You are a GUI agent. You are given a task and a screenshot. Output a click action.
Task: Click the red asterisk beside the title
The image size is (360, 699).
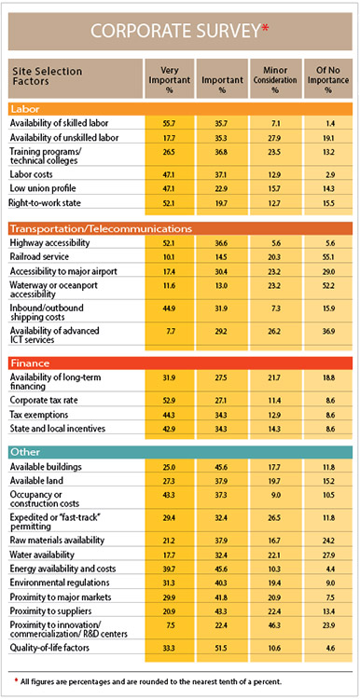click(x=267, y=28)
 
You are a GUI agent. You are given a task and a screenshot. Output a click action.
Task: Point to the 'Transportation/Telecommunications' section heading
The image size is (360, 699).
click(x=101, y=228)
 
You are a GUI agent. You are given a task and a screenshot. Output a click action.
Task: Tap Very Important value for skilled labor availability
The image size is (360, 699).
click(x=169, y=123)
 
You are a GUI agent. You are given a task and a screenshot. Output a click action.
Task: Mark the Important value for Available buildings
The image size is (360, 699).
click(x=222, y=467)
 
